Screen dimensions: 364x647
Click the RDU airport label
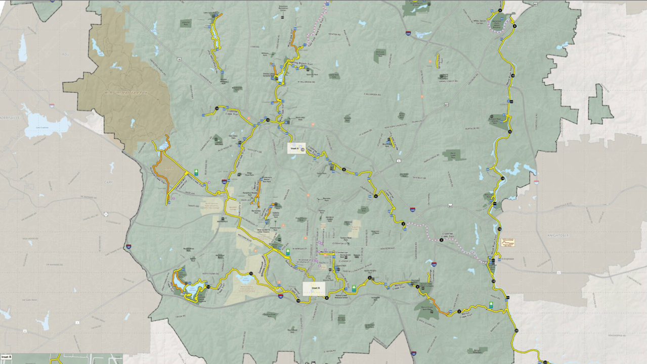coord(64,54)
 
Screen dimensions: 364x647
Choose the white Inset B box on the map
coord(314,289)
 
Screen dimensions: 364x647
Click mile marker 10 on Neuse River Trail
coord(512,75)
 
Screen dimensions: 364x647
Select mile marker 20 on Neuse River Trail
coord(516,331)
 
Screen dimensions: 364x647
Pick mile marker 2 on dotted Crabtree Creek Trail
coord(441,240)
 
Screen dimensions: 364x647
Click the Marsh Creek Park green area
coord(452,154)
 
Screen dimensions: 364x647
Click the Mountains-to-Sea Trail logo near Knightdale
coord(507,243)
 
